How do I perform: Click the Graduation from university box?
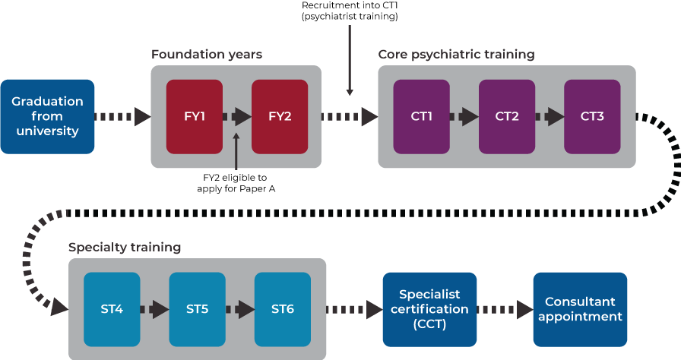coord(47,116)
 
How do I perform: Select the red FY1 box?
coord(195,116)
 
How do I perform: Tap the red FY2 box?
coord(280,116)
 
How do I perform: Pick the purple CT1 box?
coord(421,116)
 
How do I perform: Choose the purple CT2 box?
coord(507,116)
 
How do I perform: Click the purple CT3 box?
coord(592,116)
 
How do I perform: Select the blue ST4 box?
coord(112,309)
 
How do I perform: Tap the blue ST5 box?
coord(197,309)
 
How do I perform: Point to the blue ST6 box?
coord(283,309)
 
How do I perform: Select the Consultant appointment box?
coord(580,309)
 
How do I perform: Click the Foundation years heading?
coord(207,55)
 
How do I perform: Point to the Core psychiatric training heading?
coord(456,55)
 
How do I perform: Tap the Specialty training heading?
coord(125,247)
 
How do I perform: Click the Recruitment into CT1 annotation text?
coord(349,10)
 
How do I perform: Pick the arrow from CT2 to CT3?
coord(550,116)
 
